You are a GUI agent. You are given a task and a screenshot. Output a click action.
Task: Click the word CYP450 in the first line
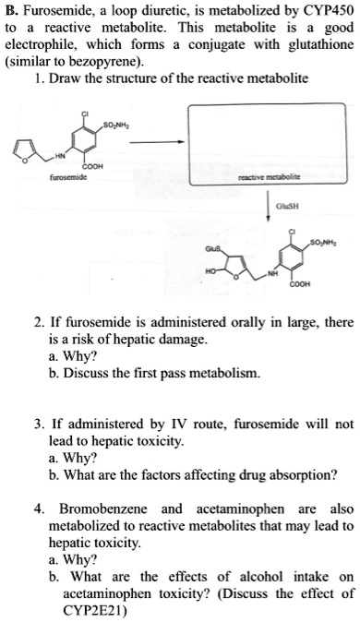coord(329,11)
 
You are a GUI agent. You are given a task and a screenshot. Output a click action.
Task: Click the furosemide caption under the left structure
coord(68,177)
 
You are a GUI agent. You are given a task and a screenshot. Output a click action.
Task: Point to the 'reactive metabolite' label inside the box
coord(270,177)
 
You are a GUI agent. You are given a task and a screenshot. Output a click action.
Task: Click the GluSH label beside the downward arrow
coord(287,206)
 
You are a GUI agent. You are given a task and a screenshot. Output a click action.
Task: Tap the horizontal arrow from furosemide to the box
coord(157,142)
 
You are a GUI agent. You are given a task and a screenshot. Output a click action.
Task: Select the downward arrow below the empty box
coord(269,205)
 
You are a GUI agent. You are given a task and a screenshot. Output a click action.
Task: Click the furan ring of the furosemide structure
coord(25,151)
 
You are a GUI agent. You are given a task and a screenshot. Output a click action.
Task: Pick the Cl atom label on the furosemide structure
coord(85,114)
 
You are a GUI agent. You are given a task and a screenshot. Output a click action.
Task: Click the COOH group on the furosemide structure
coord(95,166)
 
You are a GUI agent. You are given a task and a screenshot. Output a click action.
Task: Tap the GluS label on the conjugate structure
coord(211,249)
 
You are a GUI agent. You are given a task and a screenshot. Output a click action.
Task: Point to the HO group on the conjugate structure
coord(210,271)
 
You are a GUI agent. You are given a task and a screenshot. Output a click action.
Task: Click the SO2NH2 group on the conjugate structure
coord(324,242)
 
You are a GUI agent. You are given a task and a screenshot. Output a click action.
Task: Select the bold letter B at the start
coord(11,11)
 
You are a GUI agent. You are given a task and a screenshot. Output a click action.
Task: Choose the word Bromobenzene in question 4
coord(103,508)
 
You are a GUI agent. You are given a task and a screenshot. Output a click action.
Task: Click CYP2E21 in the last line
coord(93,611)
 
